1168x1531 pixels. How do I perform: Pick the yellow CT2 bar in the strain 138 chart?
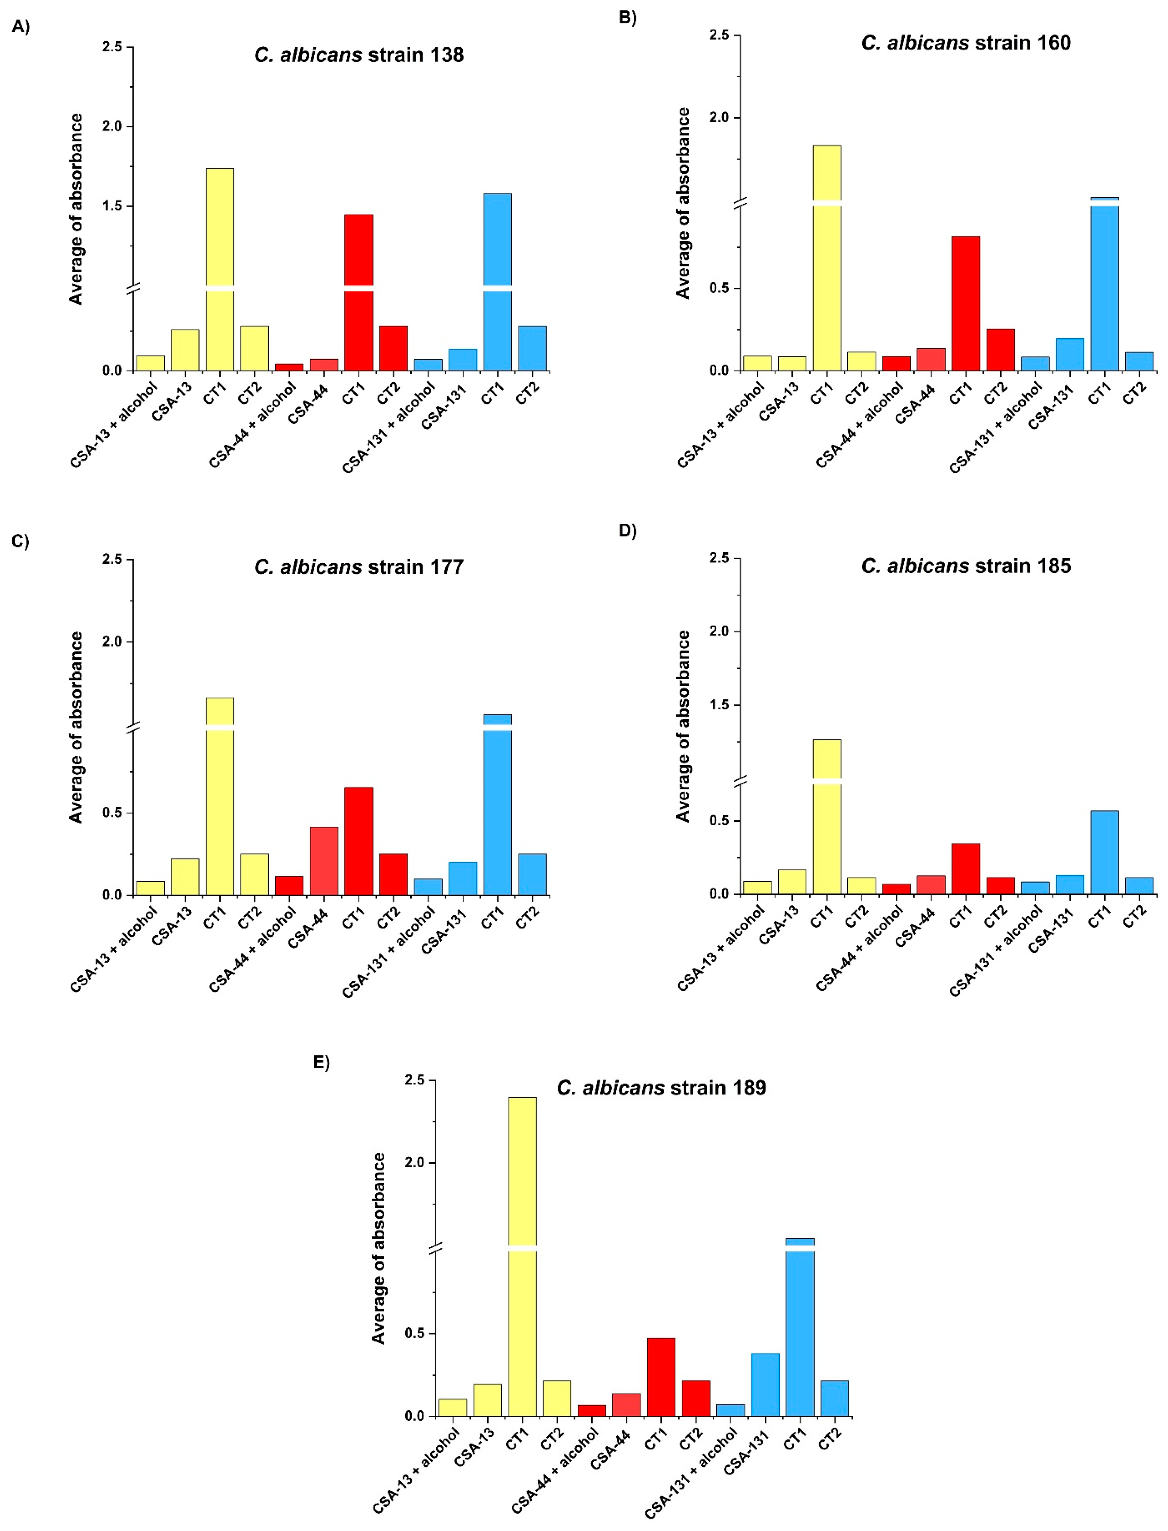(255, 348)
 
